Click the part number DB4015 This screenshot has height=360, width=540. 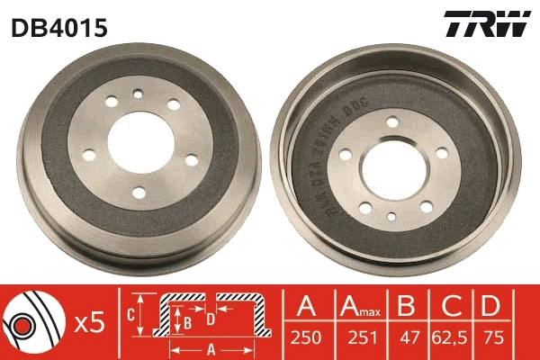tap(59, 28)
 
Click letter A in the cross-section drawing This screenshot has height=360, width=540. tap(209, 349)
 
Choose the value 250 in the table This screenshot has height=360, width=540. tap(308, 339)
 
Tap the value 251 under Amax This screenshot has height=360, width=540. tap(359, 339)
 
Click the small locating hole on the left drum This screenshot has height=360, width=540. tap(137, 93)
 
